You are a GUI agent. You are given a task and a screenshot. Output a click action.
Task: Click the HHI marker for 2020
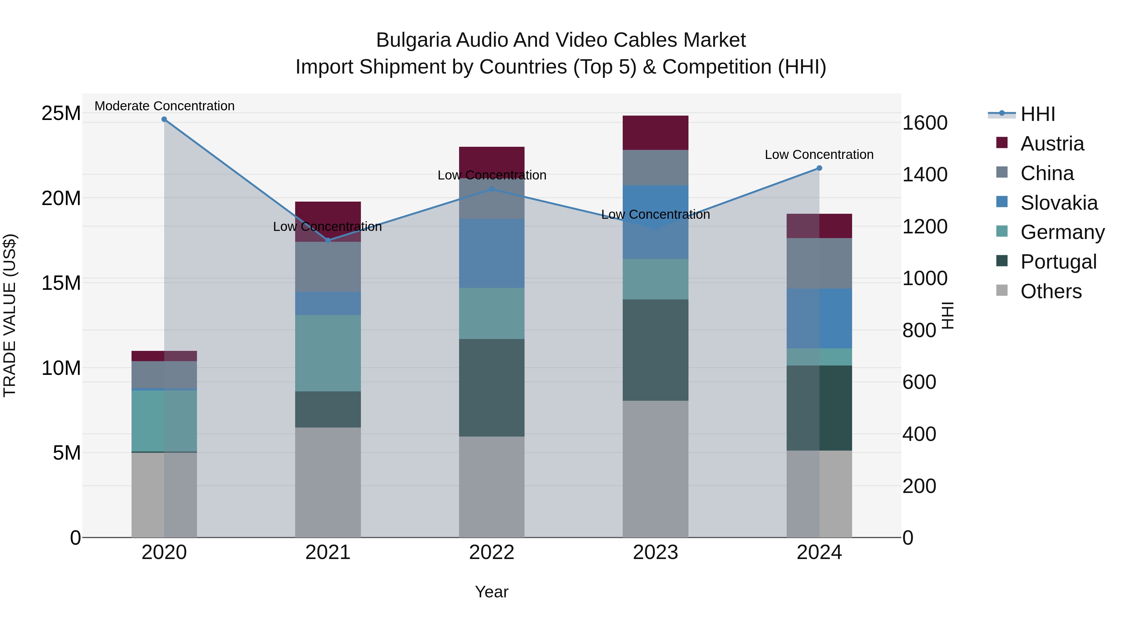click(164, 119)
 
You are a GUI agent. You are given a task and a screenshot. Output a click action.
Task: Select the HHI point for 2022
click(492, 189)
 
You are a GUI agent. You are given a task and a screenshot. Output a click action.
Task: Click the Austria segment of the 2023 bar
click(655, 133)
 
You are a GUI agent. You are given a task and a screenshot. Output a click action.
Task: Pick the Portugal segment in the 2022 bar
click(492, 388)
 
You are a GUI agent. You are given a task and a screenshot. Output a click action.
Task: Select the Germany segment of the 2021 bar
click(328, 353)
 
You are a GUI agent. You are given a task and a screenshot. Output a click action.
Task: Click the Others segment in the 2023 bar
click(655, 469)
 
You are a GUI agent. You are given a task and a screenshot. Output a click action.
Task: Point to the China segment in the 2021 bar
click(328, 266)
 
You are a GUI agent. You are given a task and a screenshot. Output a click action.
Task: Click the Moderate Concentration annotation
click(164, 106)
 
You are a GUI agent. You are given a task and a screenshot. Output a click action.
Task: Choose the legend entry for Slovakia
click(1058, 203)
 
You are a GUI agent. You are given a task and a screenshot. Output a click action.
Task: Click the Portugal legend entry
click(1058, 262)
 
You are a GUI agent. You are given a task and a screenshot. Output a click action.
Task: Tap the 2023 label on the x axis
click(655, 552)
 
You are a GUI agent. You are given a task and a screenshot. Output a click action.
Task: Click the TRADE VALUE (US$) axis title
click(10, 315)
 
